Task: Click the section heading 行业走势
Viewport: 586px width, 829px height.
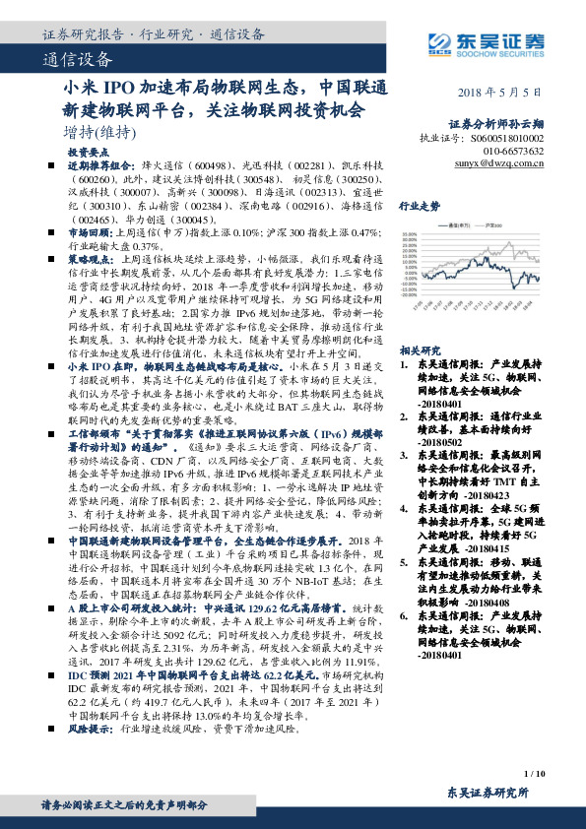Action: [419, 208]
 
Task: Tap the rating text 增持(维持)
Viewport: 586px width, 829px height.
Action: [97, 131]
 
